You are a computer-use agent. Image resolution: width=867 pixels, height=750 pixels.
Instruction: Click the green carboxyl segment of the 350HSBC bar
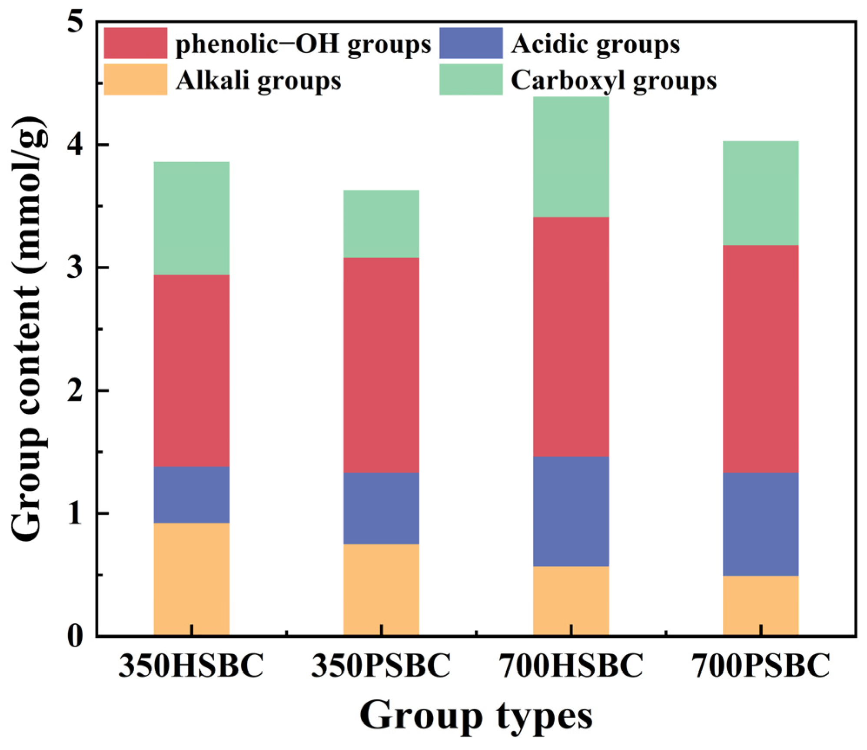(x=191, y=218)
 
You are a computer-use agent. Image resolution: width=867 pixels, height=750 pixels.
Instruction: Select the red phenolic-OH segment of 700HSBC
(x=571, y=336)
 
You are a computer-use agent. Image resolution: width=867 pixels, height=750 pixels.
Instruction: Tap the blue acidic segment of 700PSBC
(x=760, y=524)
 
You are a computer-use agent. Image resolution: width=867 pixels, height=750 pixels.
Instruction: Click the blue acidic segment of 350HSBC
(x=191, y=495)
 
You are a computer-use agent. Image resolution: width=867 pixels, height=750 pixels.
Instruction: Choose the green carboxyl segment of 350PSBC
(x=381, y=224)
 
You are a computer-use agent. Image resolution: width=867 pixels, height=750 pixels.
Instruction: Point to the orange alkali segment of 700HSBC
(x=571, y=600)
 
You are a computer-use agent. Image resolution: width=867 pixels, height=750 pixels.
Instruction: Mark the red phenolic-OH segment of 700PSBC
(x=760, y=358)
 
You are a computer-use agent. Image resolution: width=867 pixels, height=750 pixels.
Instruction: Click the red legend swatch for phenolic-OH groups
(x=136, y=43)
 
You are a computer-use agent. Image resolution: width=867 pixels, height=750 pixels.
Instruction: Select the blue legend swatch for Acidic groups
(x=471, y=43)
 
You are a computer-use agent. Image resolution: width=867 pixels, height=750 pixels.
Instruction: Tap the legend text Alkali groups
(x=258, y=80)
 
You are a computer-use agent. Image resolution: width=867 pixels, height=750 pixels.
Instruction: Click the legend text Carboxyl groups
(x=613, y=80)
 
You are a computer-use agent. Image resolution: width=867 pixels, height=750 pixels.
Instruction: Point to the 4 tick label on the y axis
(x=75, y=144)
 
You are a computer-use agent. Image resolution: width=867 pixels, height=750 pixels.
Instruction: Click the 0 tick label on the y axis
(x=75, y=636)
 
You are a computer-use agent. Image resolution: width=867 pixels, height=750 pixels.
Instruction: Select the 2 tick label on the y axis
(x=75, y=391)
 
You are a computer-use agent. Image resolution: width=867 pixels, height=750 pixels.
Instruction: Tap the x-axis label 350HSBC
(x=191, y=666)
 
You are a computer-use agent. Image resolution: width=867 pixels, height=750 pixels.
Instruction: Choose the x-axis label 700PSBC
(x=760, y=666)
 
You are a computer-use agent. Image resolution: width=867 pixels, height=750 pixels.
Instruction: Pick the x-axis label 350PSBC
(x=381, y=666)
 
